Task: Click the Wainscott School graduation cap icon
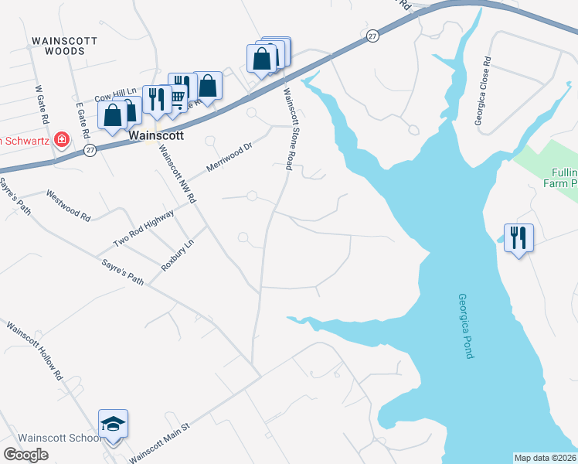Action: pos(113,424)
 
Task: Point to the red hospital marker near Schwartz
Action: pos(60,140)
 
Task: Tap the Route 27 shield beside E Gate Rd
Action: pos(90,150)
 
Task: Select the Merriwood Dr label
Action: pos(229,157)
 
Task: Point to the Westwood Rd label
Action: pos(68,206)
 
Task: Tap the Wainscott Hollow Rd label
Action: pos(34,350)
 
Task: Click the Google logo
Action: pos(26,455)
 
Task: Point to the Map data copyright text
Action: pos(545,457)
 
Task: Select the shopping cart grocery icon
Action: pos(178,97)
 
